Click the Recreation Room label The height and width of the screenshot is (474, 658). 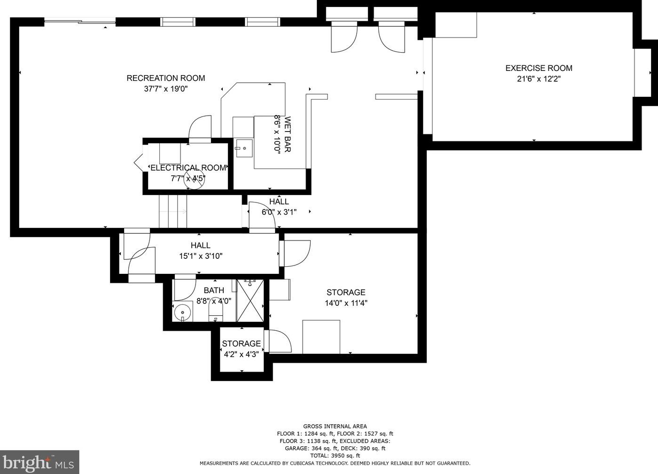click(x=165, y=78)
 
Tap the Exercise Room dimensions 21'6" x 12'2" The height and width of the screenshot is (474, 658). click(x=539, y=79)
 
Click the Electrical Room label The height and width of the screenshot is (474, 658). click(x=188, y=168)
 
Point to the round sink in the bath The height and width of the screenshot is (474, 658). click(x=182, y=312)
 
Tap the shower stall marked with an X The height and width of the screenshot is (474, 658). click(x=250, y=301)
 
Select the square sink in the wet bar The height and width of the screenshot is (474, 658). click(x=244, y=148)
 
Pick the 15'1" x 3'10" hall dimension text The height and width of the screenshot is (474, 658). click(x=201, y=256)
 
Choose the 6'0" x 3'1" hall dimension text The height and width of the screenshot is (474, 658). click(x=279, y=212)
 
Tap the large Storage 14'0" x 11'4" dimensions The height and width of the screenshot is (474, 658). click(x=346, y=303)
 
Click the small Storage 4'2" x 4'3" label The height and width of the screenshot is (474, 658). click(x=242, y=343)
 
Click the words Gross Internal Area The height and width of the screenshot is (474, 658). click(x=335, y=426)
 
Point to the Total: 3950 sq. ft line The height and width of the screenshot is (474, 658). click(x=335, y=456)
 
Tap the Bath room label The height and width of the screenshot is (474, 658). click(x=214, y=290)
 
